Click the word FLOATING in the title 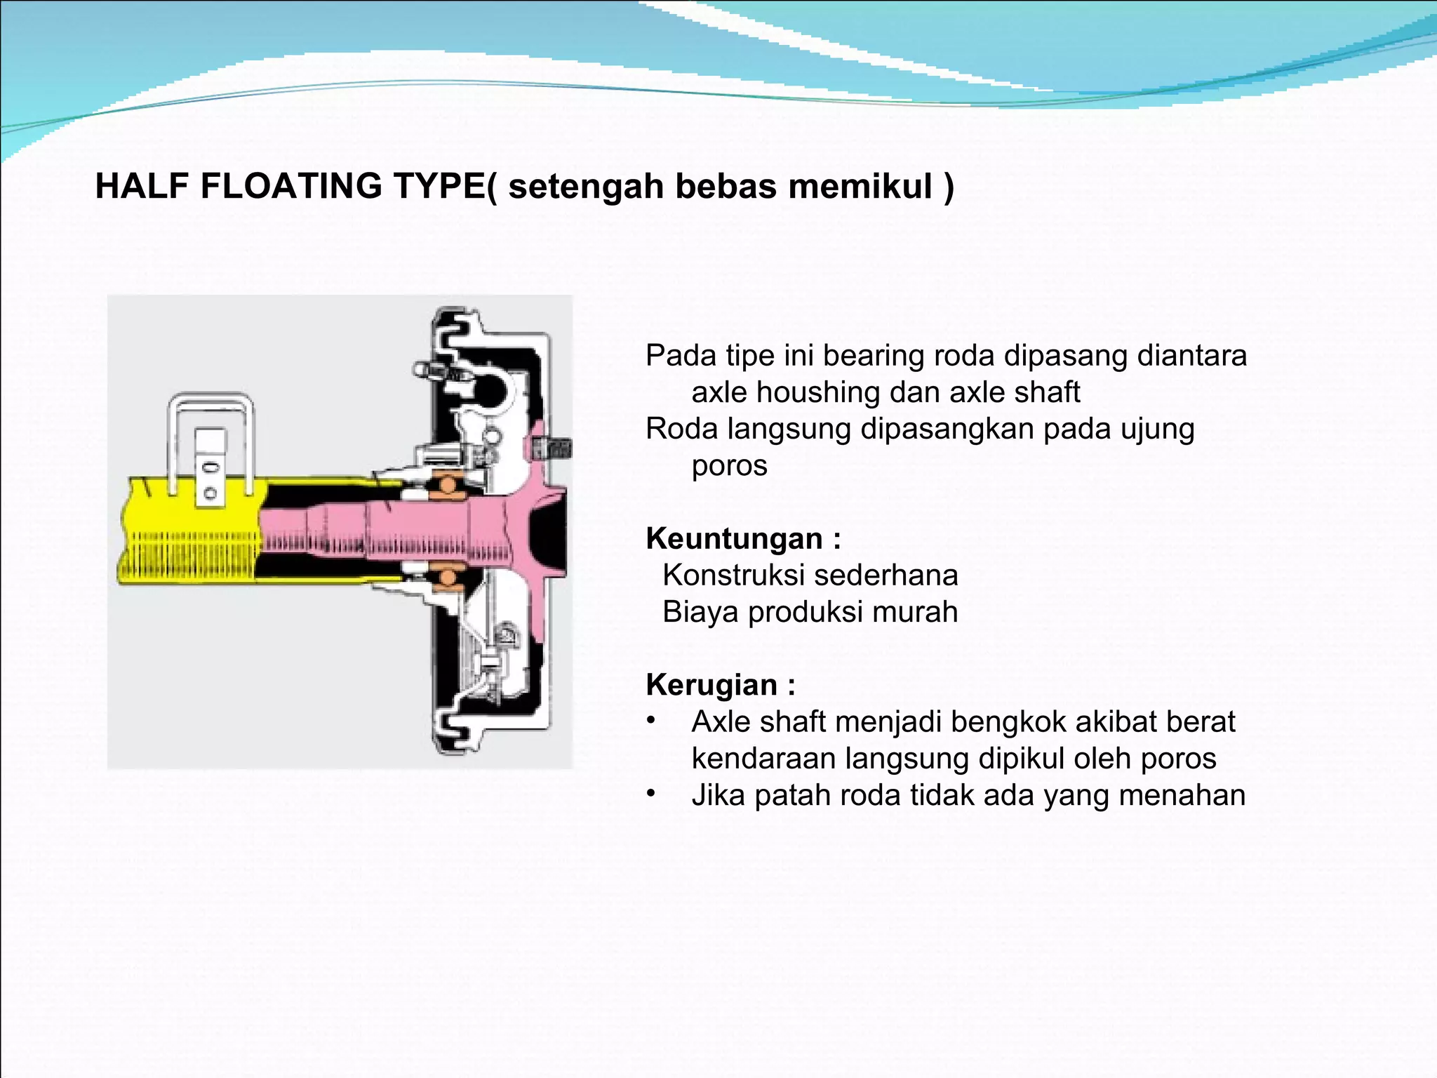290,187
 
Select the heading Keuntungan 734,539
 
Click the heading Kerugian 711,685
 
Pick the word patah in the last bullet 793,796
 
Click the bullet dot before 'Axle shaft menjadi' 652,721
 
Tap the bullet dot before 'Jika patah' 652,794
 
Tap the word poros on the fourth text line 729,466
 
